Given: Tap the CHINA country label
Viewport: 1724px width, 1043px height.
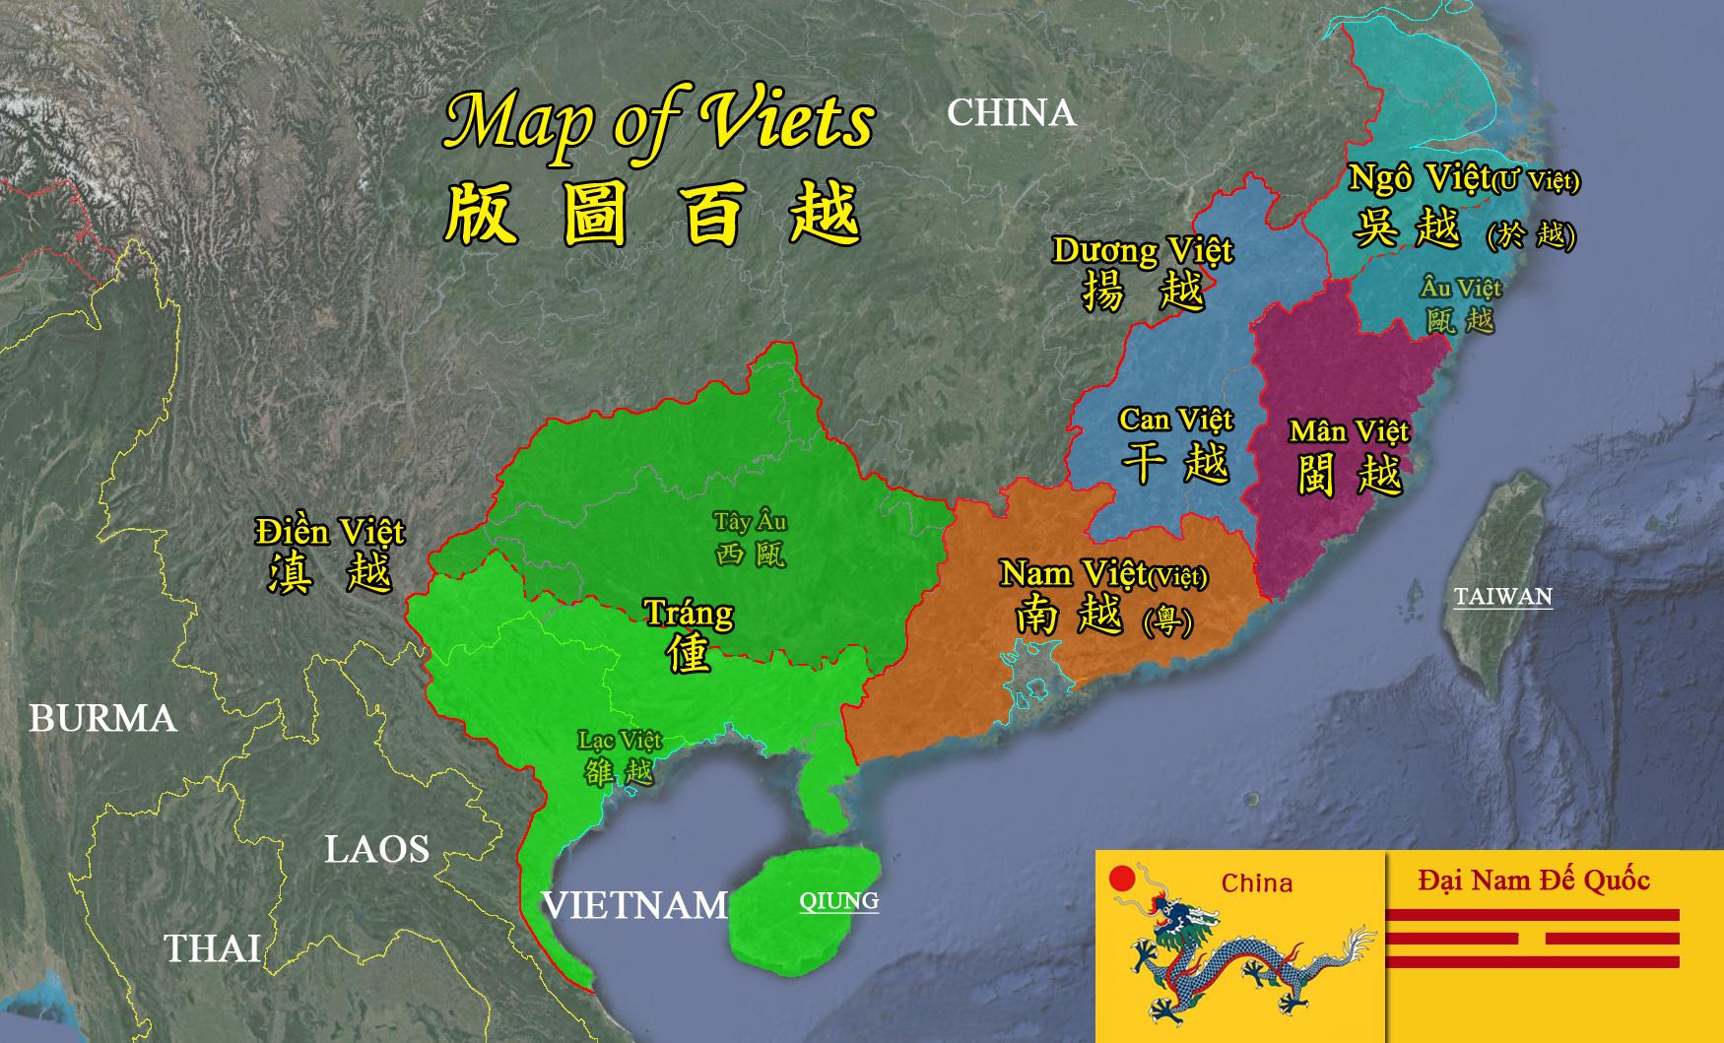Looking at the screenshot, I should [1011, 112].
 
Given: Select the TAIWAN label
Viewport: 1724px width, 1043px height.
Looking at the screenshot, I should [1502, 596].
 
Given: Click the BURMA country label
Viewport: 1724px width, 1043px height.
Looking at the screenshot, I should [102, 718].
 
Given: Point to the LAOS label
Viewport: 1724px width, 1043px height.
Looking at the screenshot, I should [377, 849].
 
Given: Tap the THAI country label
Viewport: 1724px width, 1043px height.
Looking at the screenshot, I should [212, 947].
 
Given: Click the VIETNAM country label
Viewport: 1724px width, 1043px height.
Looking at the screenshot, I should [635, 904].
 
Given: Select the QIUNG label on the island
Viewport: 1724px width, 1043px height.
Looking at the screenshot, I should [838, 900].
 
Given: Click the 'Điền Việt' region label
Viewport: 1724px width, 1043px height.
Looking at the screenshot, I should [330, 532].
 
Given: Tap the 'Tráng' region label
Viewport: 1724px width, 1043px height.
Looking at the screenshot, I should [689, 613].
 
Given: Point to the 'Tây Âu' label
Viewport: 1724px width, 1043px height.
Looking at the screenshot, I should [751, 521].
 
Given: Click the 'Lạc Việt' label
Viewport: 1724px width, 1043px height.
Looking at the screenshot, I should [620, 740].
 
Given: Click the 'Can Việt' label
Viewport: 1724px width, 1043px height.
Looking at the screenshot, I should [1175, 420].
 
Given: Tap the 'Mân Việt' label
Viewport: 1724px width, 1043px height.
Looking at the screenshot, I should [1349, 431].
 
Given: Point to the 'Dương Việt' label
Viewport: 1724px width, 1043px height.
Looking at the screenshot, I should [1143, 250].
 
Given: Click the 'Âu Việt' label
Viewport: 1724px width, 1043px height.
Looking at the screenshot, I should [1461, 288].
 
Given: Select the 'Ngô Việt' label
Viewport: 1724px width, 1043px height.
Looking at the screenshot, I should [1419, 178].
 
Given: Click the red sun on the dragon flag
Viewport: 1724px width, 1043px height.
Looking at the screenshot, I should [1120, 879].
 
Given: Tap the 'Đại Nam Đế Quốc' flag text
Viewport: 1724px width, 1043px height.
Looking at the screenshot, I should [1533, 880].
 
